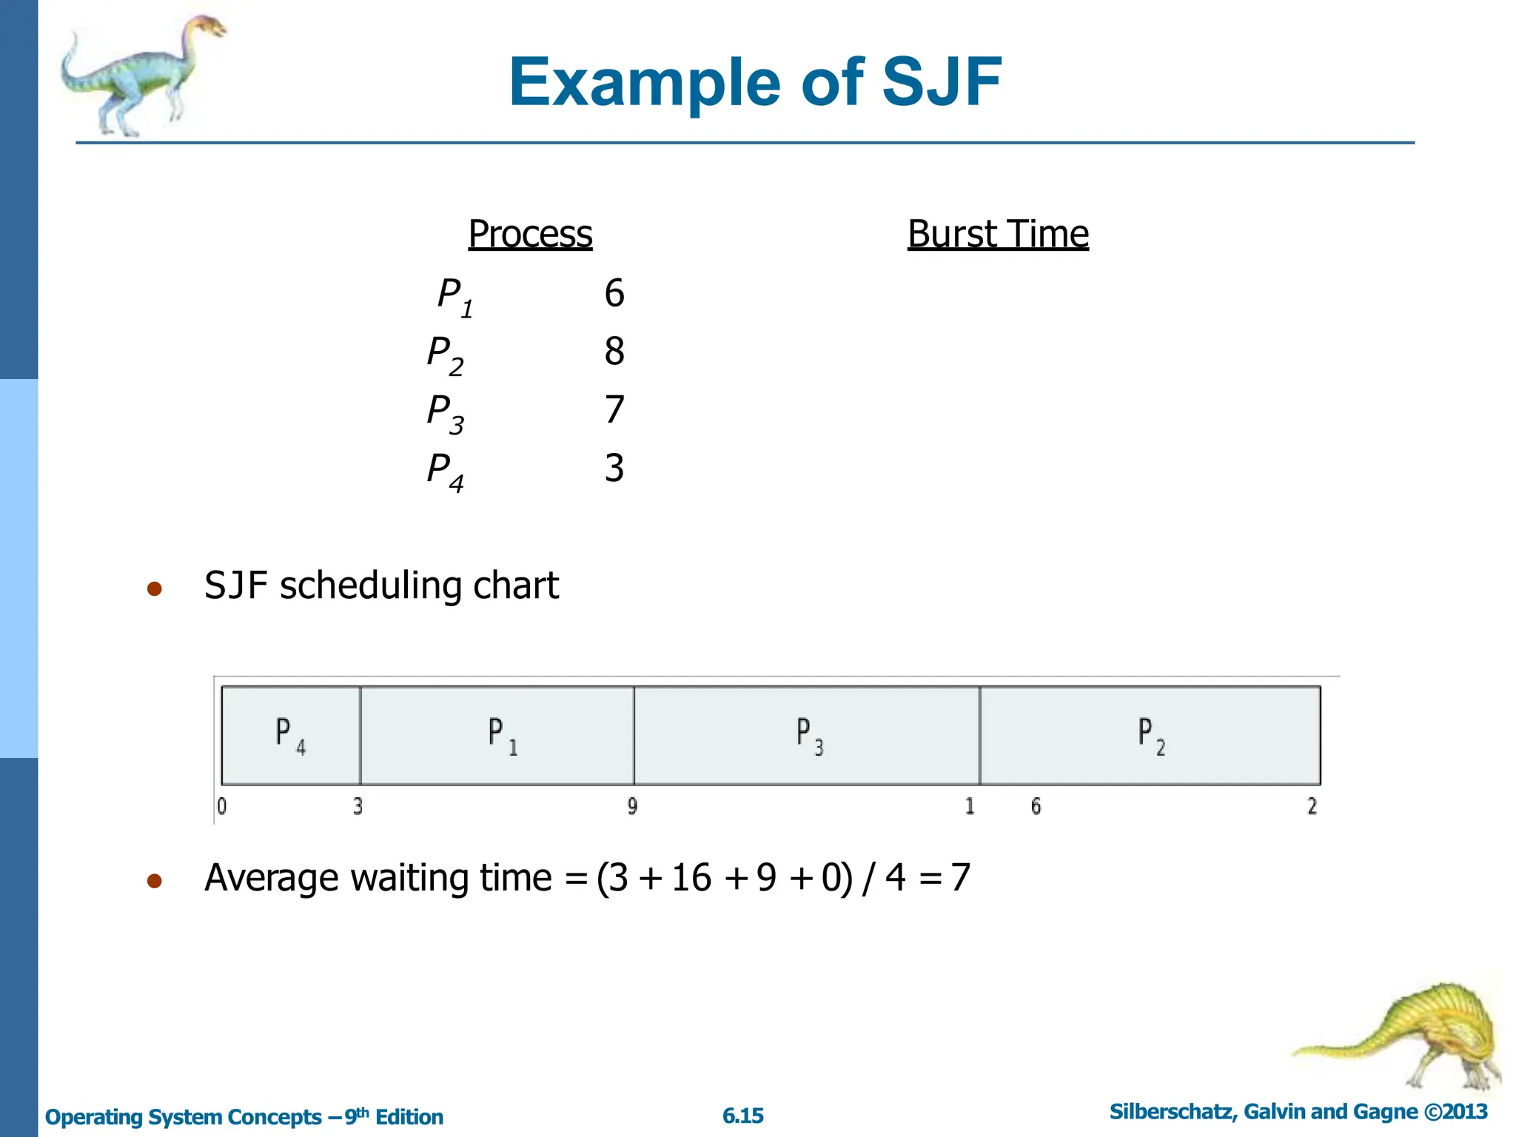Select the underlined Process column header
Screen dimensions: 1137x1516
(530, 234)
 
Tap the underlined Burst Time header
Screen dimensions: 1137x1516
(998, 234)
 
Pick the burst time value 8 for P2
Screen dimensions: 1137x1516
(614, 351)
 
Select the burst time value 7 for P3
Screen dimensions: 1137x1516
(614, 409)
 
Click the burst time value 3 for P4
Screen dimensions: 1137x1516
(614, 468)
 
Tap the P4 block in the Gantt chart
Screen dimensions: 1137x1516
(290, 735)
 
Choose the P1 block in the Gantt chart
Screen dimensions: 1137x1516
(497, 735)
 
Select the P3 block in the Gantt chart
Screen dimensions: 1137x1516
(807, 735)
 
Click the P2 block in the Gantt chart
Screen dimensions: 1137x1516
(1150, 735)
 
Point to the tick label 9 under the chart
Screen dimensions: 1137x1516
(632, 806)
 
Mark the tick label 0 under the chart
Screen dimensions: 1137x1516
(222, 806)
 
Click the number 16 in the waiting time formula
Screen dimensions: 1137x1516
(691, 878)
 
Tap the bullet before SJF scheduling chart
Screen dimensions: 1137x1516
(154, 588)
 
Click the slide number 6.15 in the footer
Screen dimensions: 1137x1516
(742, 1116)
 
